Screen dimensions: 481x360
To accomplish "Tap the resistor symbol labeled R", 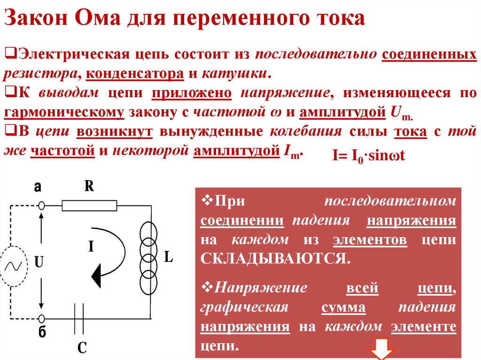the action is (x=89, y=206).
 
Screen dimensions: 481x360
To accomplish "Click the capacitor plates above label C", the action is (x=80, y=318).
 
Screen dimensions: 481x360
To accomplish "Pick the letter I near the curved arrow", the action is (x=91, y=246).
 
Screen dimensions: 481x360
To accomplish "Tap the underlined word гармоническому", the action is (x=65, y=113).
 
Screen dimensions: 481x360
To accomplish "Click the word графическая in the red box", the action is (x=244, y=307).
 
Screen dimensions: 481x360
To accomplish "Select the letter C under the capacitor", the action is (x=82, y=347).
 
